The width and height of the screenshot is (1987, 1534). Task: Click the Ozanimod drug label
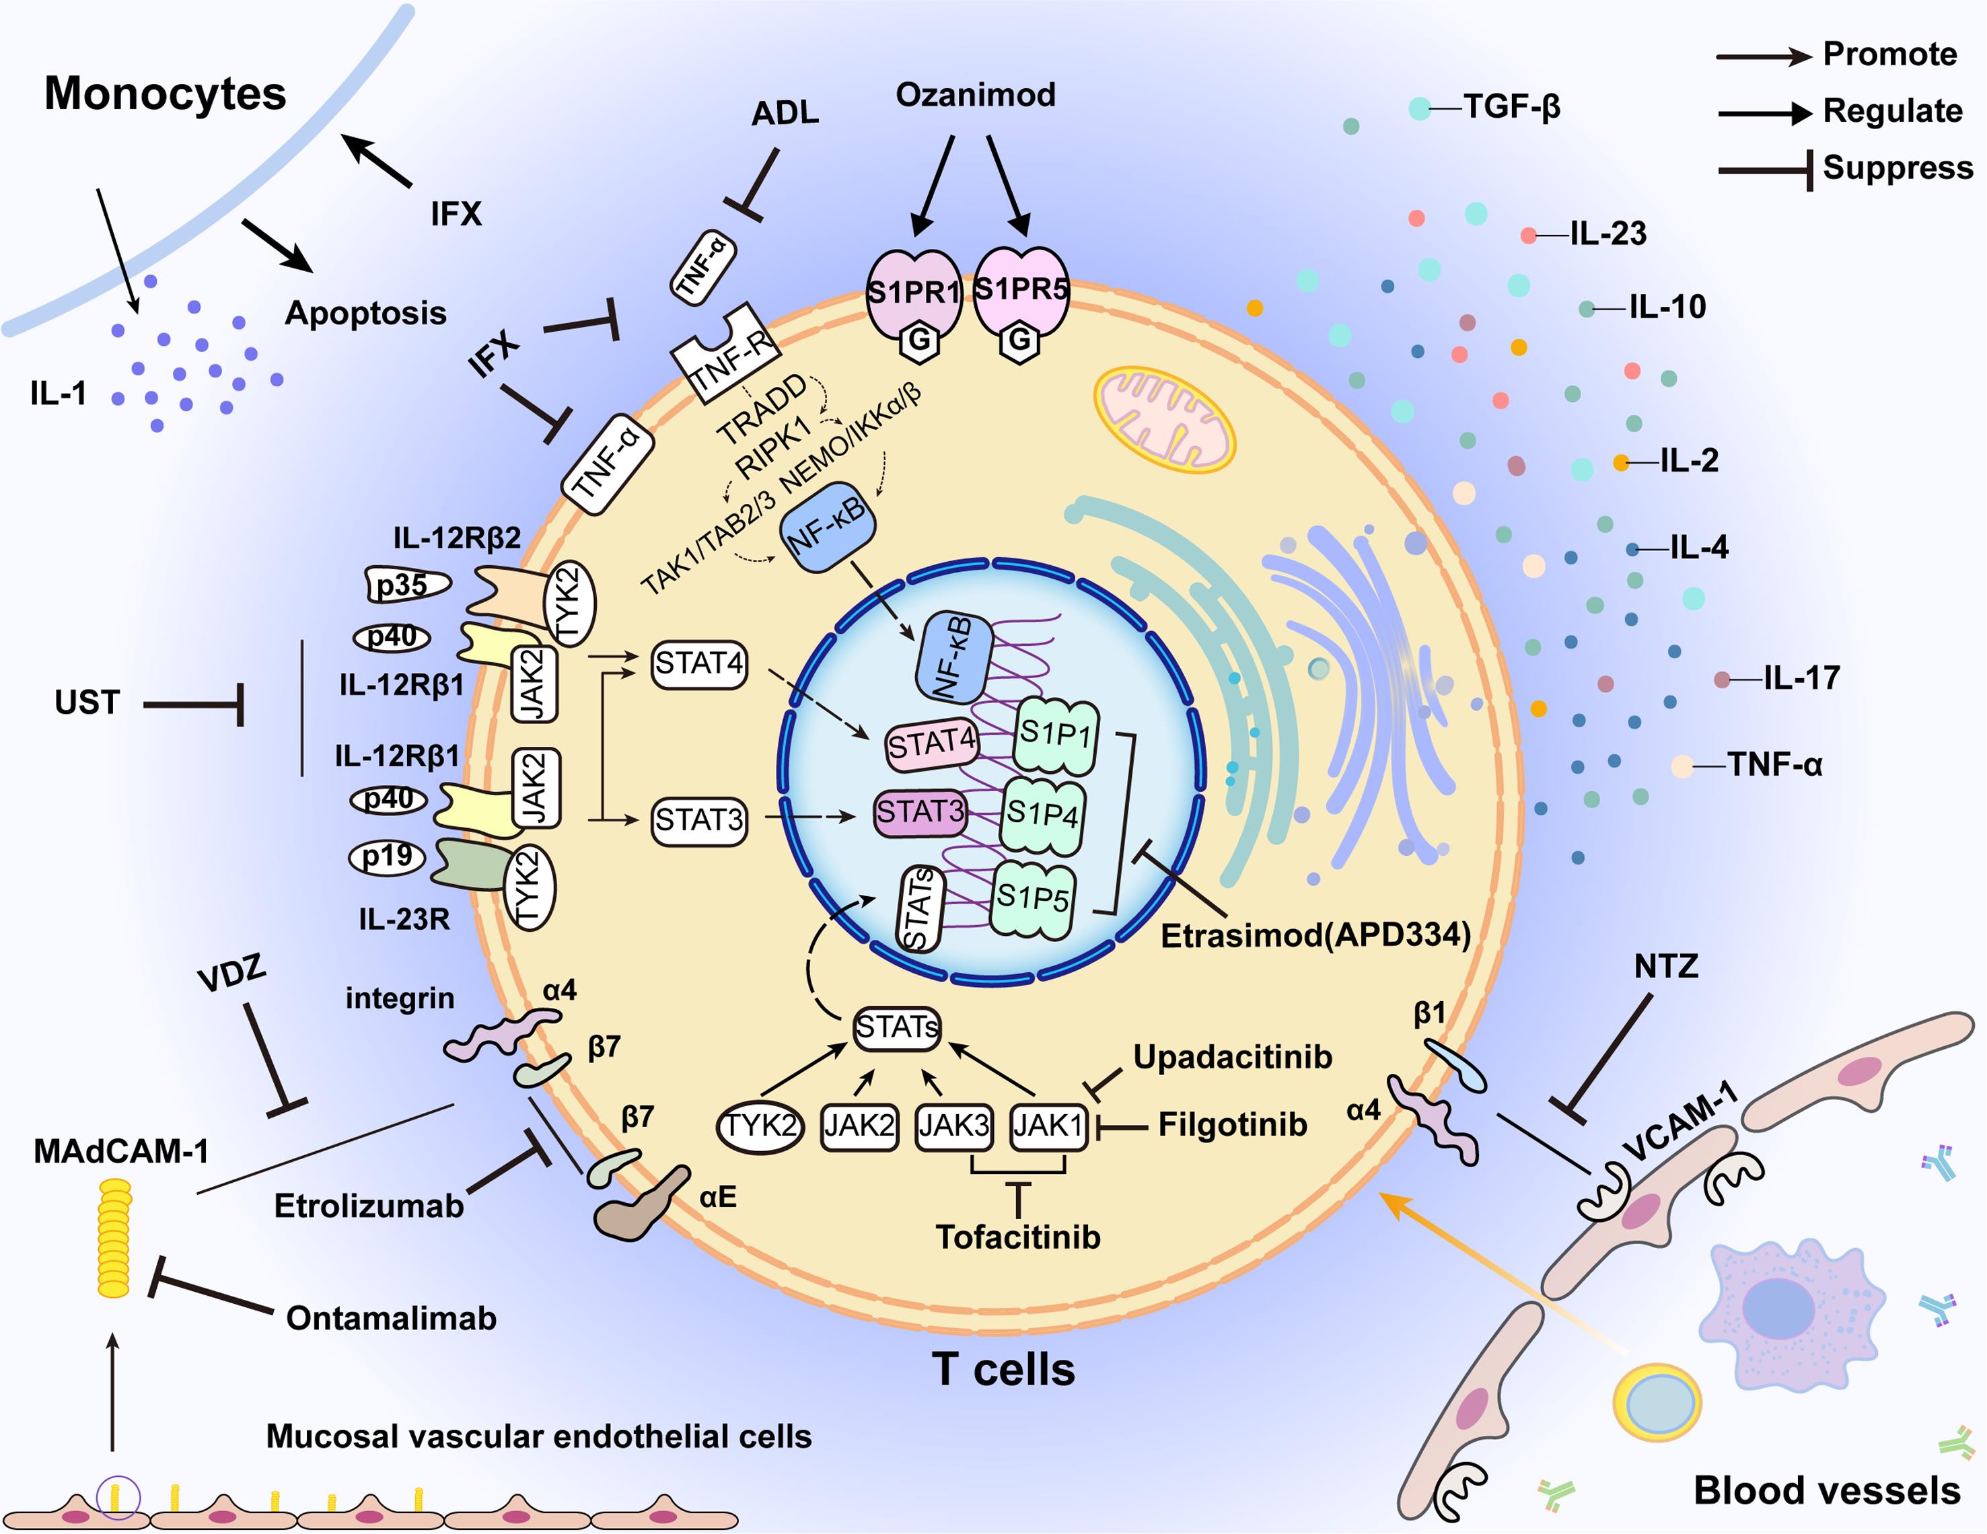tap(974, 95)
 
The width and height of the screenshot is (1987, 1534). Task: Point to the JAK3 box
tap(953, 1126)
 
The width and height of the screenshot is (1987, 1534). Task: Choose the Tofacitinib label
tap(1017, 1237)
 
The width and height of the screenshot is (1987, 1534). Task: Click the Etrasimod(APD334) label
tap(1315, 935)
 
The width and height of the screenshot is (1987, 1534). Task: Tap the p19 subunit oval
tap(388, 856)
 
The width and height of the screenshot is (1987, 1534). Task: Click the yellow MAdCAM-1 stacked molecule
tap(114, 1237)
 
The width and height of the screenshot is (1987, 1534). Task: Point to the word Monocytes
tap(165, 93)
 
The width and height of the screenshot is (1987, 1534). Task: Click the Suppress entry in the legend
tap(1897, 168)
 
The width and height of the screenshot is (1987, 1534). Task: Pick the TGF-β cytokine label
tap(1511, 106)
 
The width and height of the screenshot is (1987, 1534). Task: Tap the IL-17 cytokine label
tap(1801, 678)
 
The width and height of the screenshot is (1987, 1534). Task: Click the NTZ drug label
tap(1666, 966)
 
